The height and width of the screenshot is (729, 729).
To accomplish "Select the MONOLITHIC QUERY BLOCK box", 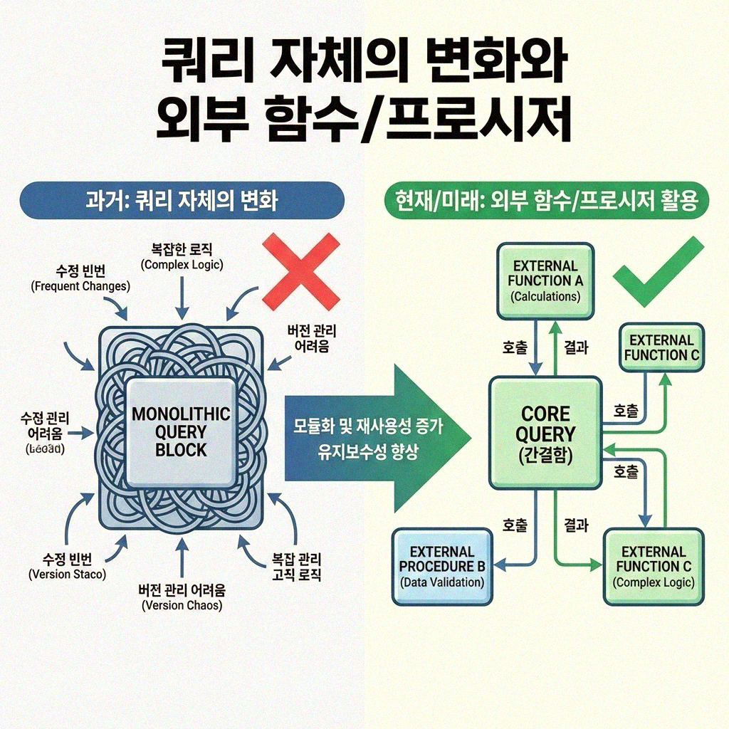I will pos(180,431).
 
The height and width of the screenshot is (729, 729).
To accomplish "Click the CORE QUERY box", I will pos(545,433).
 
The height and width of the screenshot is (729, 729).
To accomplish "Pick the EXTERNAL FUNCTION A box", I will pos(545,280).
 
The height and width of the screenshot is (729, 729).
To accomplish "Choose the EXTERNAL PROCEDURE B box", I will pos(441,566).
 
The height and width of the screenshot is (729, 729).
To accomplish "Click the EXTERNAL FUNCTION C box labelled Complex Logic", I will pos(654,566).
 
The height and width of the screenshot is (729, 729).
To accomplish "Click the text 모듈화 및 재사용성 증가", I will pos(367,429).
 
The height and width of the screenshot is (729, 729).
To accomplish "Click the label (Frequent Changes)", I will pos(80,287).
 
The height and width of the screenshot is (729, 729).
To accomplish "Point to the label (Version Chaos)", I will pos(182,605).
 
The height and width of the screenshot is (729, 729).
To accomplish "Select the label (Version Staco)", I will pos(68,574).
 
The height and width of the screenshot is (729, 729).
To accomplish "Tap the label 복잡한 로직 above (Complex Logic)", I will pos(182,250).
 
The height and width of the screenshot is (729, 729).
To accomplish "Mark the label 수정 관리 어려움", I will pos(46,425).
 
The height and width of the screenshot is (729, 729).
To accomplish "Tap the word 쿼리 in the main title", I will pos(199,63).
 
